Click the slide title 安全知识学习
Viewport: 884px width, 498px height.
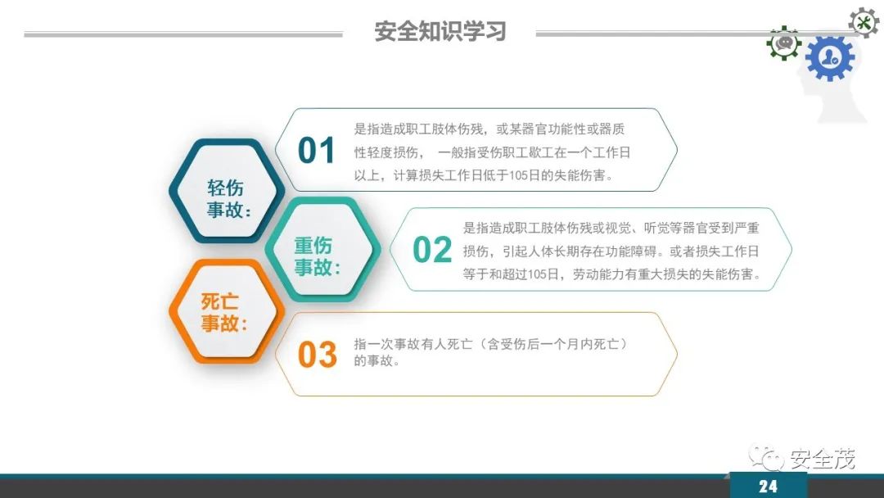point(440,32)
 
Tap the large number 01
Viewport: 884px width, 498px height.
point(317,152)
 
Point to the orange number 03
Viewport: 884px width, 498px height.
point(317,355)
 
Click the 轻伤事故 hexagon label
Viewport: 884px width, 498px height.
point(226,198)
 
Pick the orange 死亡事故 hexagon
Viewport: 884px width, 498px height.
point(223,312)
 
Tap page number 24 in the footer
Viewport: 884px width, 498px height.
point(768,487)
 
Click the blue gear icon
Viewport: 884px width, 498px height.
point(829,58)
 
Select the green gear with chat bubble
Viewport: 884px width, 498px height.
point(784,43)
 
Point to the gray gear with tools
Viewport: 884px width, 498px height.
point(864,21)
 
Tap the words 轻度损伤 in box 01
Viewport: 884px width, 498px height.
point(388,152)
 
